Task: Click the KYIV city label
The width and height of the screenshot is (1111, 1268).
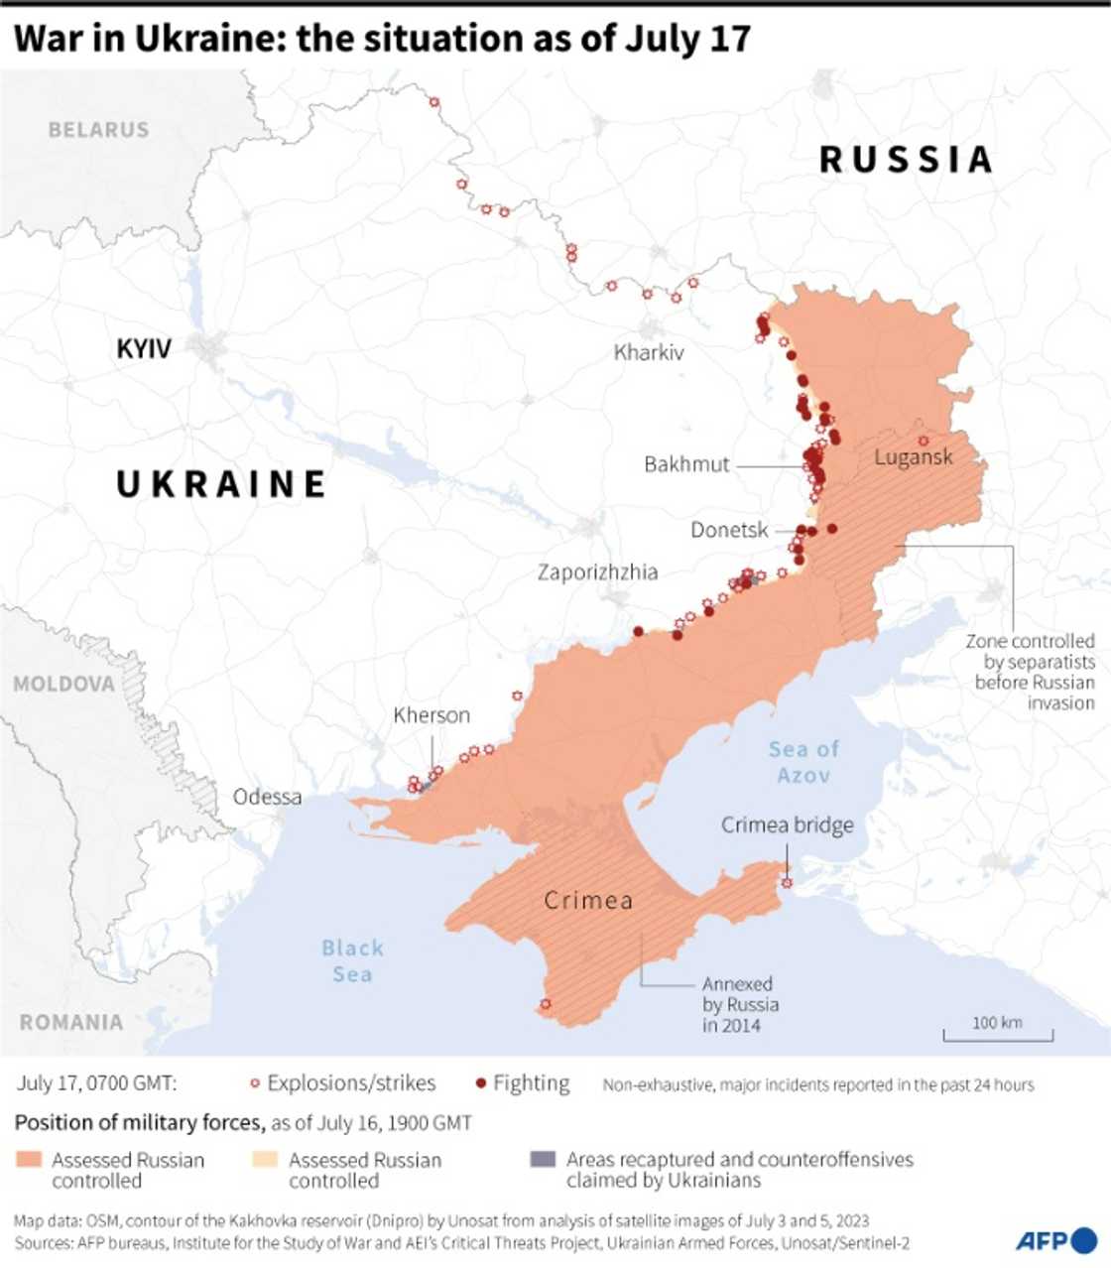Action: pos(144,348)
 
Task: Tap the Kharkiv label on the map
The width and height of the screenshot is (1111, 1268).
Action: pos(649,352)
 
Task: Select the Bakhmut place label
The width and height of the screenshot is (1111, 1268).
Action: pos(686,464)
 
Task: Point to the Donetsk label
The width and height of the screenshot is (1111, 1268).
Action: pos(729,530)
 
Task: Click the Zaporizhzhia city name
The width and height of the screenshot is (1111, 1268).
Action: pos(597,572)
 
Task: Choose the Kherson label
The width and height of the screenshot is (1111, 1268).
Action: pos(432,715)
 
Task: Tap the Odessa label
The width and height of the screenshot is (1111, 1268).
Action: pos(267,797)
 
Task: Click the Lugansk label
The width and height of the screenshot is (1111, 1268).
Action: pos(913,457)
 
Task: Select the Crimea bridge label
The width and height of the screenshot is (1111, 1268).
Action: pos(787,825)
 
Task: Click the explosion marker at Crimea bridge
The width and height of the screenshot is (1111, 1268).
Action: pos(787,882)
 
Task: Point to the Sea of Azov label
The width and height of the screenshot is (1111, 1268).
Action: pos(803,762)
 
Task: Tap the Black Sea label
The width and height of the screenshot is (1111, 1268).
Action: pos(352,960)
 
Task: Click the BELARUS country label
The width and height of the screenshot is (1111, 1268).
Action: pos(98,130)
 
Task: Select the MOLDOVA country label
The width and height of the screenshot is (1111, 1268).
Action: pos(64,685)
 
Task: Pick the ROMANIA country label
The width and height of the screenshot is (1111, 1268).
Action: pos(71,1022)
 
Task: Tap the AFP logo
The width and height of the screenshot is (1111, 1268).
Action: pos(1055,1240)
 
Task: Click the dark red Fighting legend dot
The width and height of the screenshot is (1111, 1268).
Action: pos(481,1083)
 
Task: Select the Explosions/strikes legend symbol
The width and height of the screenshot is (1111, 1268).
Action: pos(255,1083)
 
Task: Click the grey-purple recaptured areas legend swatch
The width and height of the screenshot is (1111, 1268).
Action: pos(544,1159)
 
